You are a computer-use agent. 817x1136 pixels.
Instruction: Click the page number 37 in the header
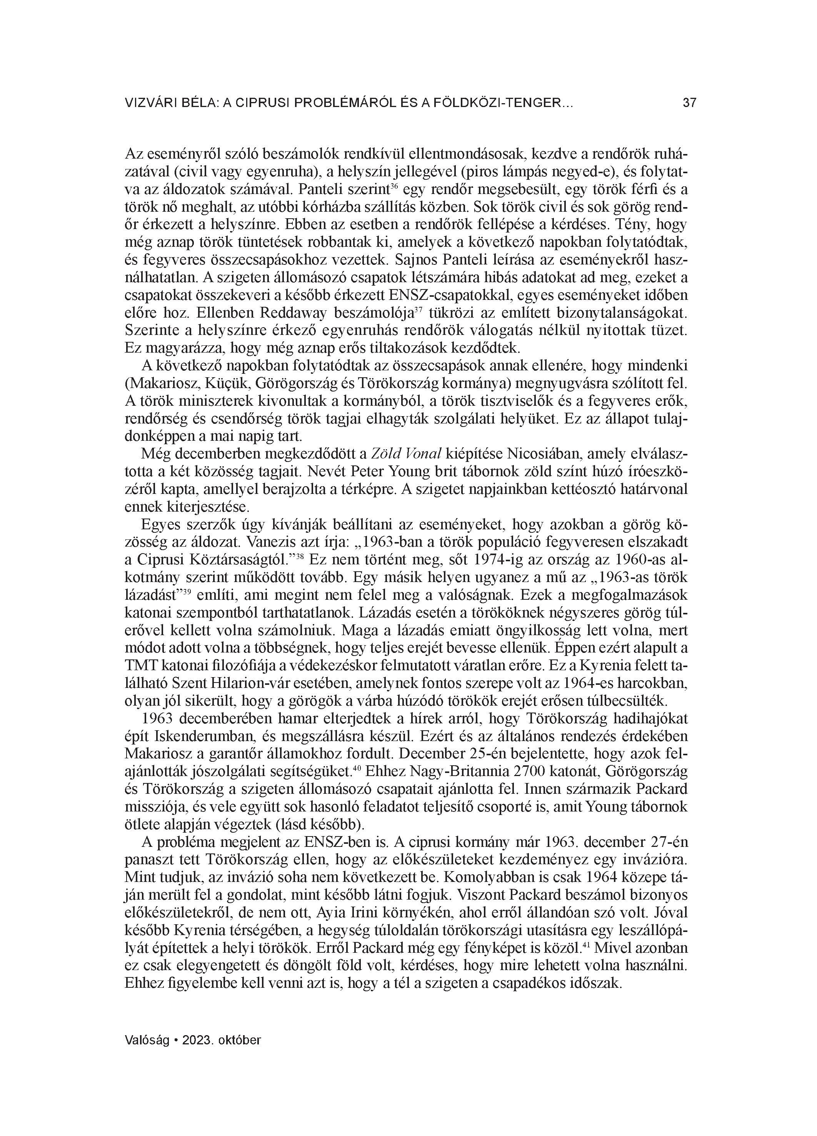point(689,103)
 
